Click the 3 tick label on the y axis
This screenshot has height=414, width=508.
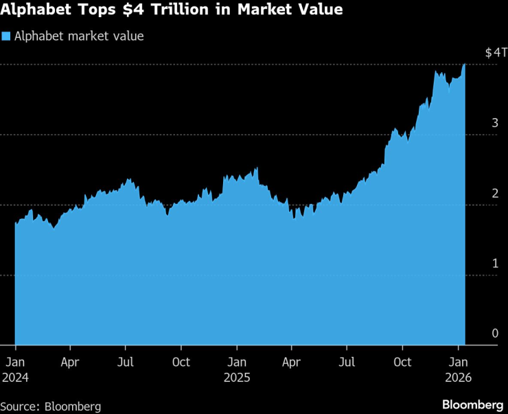click(494, 123)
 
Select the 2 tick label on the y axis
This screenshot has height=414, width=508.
click(494, 193)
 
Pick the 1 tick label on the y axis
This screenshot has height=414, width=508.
click(494, 263)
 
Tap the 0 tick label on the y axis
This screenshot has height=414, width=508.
click(494, 333)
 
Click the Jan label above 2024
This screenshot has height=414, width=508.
click(15, 362)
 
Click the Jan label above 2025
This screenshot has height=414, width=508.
click(236, 362)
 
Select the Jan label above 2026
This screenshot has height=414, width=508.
click(458, 362)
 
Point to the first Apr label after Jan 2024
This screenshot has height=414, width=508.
click(70, 362)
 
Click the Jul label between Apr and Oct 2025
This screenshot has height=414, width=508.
click(347, 362)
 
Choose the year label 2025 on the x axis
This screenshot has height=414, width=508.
click(236, 378)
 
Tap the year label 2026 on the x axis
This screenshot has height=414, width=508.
click(458, 378)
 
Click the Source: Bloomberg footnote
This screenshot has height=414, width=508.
click(51, 406)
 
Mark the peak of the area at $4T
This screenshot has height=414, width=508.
click(465, 64)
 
